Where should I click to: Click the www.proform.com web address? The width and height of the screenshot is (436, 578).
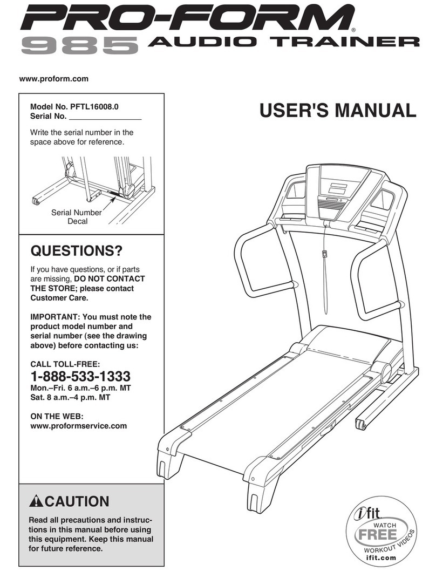tap(53, 79)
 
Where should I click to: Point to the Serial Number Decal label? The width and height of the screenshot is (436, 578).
tap(76, 217)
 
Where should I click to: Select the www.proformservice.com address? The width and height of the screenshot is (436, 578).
tap(78, 426)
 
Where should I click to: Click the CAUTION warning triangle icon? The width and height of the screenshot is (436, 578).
tap(36, 502)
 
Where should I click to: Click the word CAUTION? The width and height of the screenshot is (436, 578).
tap(77, 502)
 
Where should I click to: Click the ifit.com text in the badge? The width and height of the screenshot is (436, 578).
tap(380, 558)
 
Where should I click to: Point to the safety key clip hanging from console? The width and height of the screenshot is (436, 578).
tap(324, 254)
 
